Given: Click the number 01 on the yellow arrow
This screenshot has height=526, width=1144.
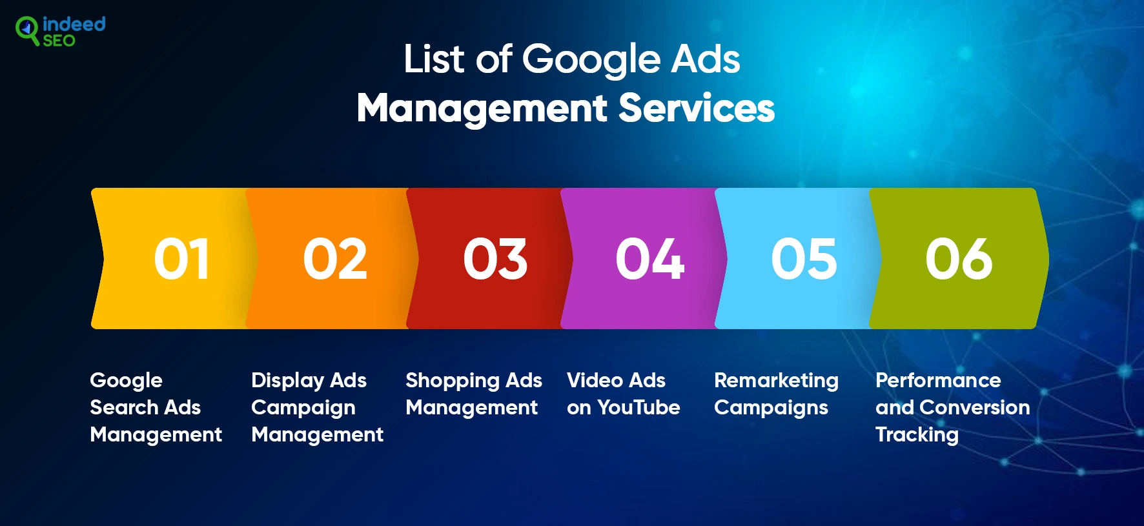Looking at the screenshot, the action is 181,259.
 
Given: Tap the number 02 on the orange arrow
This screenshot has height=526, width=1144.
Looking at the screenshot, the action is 335,259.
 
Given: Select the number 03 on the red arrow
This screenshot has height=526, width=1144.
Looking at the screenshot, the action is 495,259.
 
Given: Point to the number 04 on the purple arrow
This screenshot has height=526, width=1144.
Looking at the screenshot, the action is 649,259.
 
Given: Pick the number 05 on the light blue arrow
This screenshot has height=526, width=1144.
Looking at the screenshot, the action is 804,259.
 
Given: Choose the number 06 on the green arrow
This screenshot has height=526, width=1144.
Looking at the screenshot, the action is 959,259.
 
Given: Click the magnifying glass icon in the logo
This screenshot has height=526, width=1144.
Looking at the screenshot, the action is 27,30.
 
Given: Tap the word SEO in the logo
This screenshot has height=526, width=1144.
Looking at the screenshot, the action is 59,41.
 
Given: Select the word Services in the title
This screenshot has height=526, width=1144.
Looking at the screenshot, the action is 697,108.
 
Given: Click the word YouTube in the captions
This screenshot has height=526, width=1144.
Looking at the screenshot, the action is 638,407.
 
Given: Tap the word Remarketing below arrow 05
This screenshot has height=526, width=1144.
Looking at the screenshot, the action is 776,381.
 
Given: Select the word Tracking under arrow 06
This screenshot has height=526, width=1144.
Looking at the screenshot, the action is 917,435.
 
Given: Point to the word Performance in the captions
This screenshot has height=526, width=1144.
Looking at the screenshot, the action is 938,380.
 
